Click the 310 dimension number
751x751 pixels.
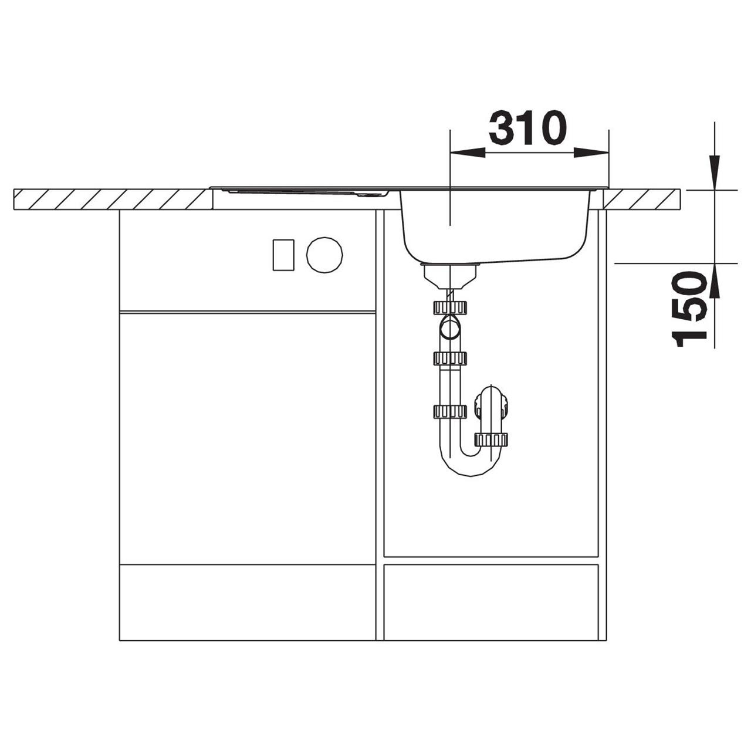(527, 127)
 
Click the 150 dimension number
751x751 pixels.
(690, 309)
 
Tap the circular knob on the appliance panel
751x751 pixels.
(324, 255)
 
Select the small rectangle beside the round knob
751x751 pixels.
(284, 255)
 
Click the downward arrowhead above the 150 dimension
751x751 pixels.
(714, 172)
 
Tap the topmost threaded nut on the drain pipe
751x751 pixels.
(450, 307)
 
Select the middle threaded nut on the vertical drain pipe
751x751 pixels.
(450, 358)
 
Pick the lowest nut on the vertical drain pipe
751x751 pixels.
(450, 412)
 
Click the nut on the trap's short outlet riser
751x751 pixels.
(491, 439)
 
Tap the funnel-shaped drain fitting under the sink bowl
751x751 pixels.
(450, 276)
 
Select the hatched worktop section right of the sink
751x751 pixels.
(642, 199)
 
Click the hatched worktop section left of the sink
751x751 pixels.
(111, 199)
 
